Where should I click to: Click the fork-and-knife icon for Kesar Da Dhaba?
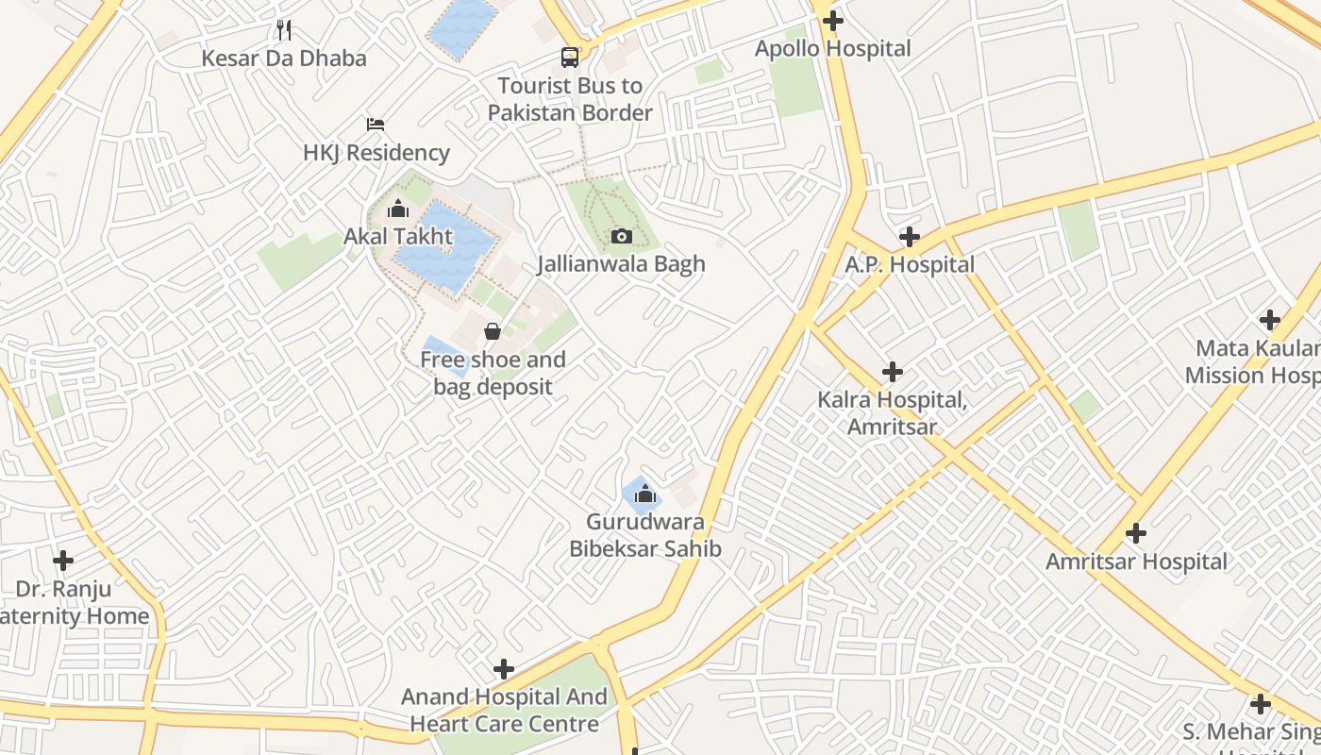pyautogui.click(x=284, y=30)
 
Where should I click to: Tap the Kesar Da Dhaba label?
pyautogui.click(x=284, y=59)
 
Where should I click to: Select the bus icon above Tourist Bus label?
pyautogui.click(x=570, y=58)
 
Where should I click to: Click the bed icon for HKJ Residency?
pyautogui.click(x=376, y=125)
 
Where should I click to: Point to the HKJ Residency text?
pyautogui.click(x=376, y=153)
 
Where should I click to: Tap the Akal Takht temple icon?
pyautogui.click(x=398, y=209)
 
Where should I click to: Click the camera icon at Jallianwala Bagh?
pyautogui.click(x=621, y=236)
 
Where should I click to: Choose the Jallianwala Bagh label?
pyautogui.click(x=621, y=264)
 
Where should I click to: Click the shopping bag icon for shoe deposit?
pyautogui.click(x=493, y=331)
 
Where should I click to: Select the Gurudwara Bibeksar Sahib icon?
pyautogui.click(x=645, y=494)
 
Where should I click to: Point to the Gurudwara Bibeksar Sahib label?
pyautogui.click(x=645, y=535)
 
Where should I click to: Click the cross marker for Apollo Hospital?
pyautogui.click(x=832, y=20)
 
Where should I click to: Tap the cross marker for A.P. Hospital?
pyautogui.click(x=910, y=237)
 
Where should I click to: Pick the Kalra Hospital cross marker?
pyautogui.click(x=892, y=372)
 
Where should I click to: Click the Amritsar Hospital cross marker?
pyautogui.click(x=1136, y=534)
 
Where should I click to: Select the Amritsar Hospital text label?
pyautogui.click(x=1136, y=562)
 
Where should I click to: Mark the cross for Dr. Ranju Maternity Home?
pyautogui.click(x=63, y=561)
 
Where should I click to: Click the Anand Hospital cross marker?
pyautogui.click(x=504, y=669)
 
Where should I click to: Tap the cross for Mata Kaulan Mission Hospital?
pyautogui.click(x=1270, y=320)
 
